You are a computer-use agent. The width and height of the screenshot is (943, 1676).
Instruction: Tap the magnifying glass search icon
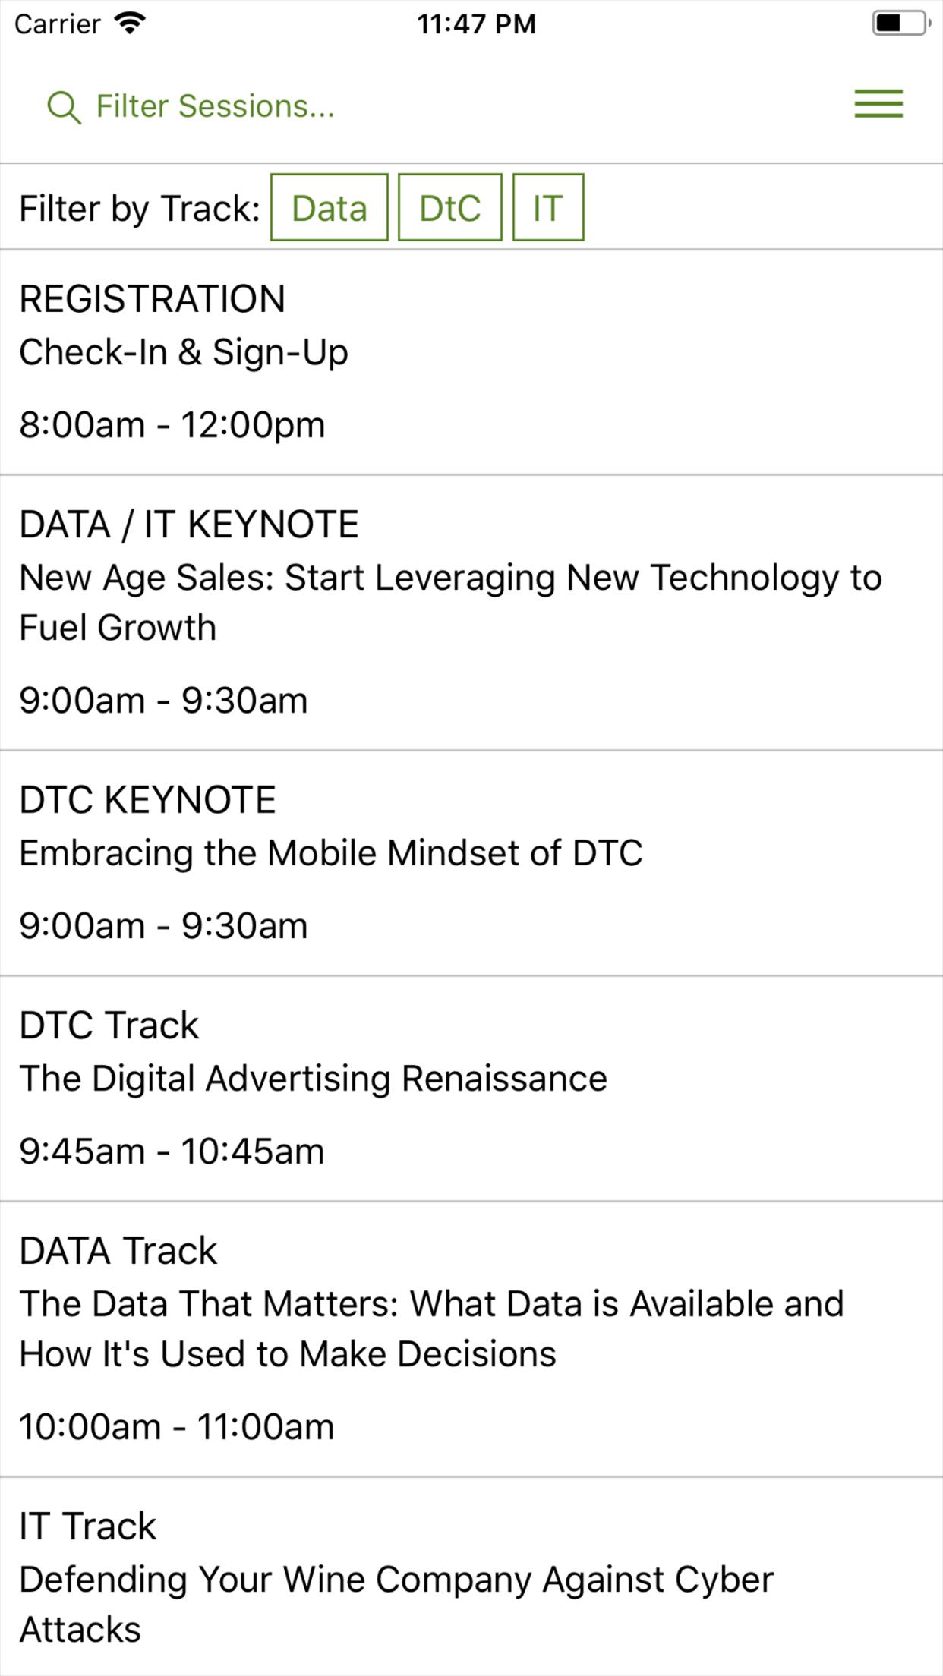click(x=64, y=107)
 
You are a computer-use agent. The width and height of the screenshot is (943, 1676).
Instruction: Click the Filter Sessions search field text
click(x=215, y=106)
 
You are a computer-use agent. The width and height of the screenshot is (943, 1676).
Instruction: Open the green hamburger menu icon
click(x=878, y=104)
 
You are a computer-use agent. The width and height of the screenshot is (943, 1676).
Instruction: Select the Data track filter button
click(x=330, y=207)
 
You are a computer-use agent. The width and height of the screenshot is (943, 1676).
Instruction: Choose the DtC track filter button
click(x=450, y=207)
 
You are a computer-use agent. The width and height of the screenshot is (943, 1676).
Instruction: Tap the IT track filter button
click(x=548, y=207)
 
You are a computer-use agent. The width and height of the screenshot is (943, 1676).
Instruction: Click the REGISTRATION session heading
click(x=153, y=299)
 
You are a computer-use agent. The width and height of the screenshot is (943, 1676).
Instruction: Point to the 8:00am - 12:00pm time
click(x=172, y=424)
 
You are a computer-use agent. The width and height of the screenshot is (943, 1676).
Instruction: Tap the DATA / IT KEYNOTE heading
click(x=189, y=525)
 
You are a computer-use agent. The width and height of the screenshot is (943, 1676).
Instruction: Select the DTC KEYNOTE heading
click(x=148, y=800)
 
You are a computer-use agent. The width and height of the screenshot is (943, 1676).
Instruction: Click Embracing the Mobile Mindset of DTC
click(x=331, y=853)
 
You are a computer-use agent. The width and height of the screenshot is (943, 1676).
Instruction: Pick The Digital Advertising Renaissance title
click(x=314, y=1079)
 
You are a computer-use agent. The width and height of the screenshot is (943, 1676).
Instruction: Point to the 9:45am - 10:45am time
click(x=172, y=1151)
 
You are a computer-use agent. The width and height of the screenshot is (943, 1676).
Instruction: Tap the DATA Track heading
click(x=118, y=1251)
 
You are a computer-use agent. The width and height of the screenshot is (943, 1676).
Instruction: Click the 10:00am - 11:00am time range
click(x=177, y=1426)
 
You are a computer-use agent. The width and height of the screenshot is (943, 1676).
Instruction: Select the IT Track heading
click(x=88, y=1526)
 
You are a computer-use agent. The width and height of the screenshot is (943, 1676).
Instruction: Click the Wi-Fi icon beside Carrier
click(x=130, y=24)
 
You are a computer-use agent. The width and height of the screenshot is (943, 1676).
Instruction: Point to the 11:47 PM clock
click(x=477, y=24)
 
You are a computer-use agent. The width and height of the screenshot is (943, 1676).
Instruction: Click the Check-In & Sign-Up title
click(x=184, y=353)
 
